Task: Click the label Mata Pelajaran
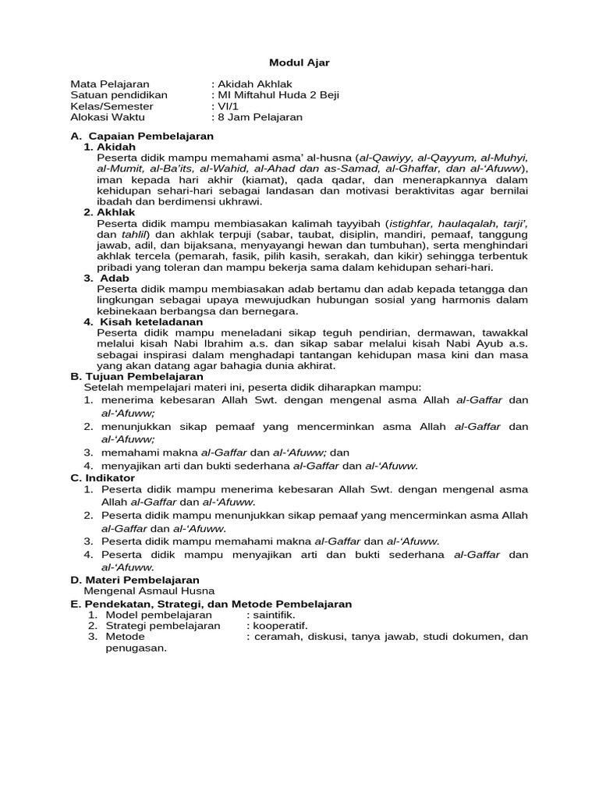coord(110,84)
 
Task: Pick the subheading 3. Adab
coord(107,278)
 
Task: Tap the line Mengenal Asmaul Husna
coord(149,591)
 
